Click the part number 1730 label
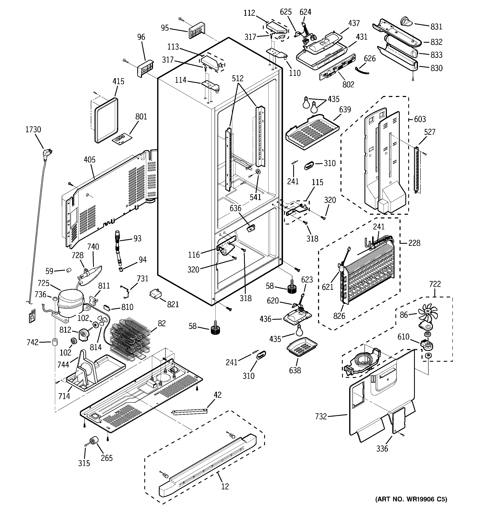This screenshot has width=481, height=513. coord(33,129)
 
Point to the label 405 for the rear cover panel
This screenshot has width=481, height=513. coord(89,160)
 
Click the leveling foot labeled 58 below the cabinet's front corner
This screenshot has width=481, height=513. coord(216,330)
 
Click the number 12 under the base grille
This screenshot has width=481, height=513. coord(225,486)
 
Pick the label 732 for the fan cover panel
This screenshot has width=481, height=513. coord(321,416)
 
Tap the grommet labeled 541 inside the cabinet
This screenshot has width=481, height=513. coord(258,173)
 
